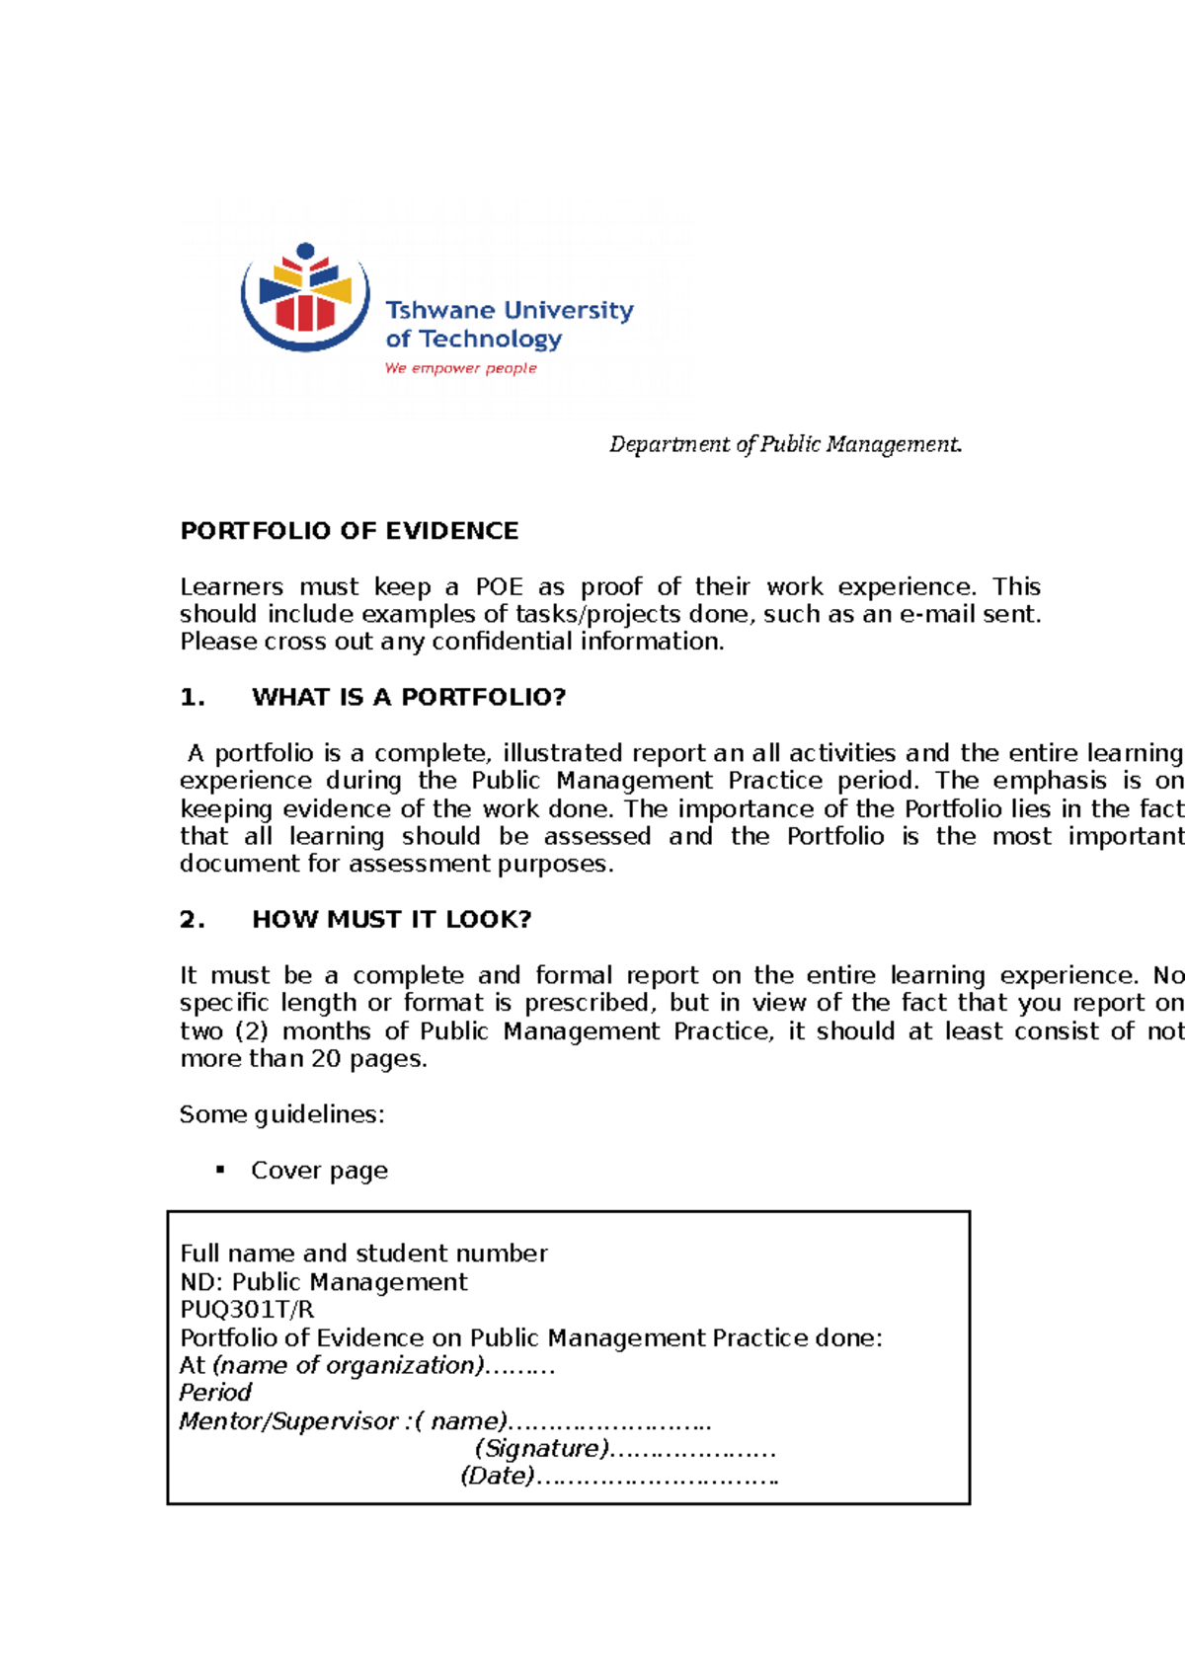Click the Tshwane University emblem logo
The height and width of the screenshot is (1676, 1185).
coord(305,296)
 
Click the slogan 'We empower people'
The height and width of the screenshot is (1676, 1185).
coord(460,368)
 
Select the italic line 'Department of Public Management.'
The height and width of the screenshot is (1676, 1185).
coord(785,444)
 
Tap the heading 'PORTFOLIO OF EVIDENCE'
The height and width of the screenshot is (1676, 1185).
coord(349,531)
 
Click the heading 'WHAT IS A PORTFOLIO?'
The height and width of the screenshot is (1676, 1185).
coord(409,698)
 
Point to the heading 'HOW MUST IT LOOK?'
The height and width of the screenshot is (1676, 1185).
coord(392,920)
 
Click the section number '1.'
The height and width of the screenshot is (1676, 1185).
coord(193,698)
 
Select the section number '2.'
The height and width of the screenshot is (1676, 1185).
coord(193,920)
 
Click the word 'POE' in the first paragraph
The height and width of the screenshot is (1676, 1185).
coord(499,587)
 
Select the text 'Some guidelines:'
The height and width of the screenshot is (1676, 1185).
coord(281,1115)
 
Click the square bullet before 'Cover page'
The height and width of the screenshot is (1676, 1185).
coord(220,1170)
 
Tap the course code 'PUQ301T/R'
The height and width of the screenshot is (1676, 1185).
coord(247,1311)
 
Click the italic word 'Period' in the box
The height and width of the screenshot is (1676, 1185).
coord(215,1393)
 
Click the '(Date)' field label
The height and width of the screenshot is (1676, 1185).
coord(498,1477)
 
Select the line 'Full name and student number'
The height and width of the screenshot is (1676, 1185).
coord(363,1255)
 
